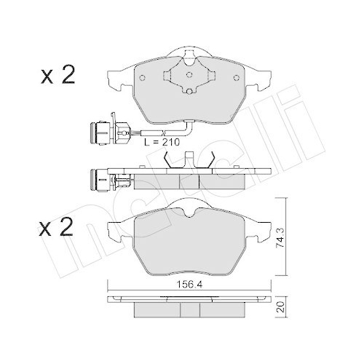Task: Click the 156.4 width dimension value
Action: tap(189, 285)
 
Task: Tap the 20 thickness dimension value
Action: tap(280, 307)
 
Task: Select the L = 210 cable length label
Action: tap(162, 142)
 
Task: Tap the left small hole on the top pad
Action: tap(143, 78)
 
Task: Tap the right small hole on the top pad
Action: tap(236, 78)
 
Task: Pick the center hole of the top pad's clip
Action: tap(189, 74)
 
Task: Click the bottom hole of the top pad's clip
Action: tap(189, 91)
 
